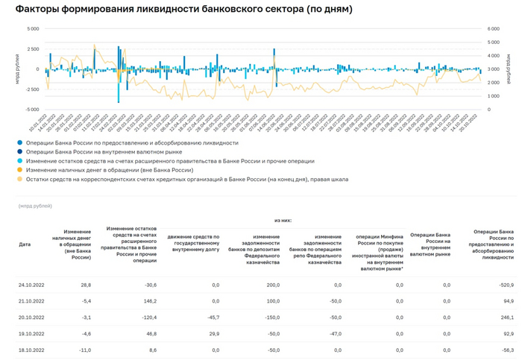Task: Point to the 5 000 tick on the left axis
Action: point(32,29)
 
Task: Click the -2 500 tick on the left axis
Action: point(31,89)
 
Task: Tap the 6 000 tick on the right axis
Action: point(494,29)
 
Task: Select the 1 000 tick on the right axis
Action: point(494,95)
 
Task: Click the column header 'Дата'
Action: point(25,244)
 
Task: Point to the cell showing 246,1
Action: point(506,317)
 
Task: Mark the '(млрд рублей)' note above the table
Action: point(36,206)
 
